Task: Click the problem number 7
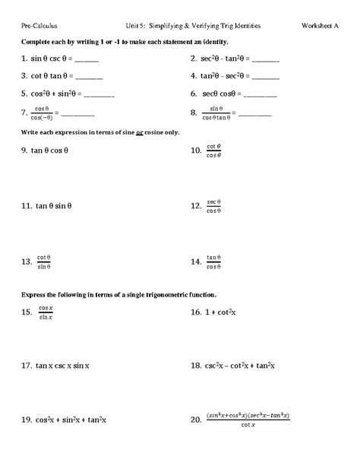point(26,113)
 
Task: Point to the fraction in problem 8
point(220,113)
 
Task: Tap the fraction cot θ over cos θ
point(213,151)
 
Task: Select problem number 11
point(27,206)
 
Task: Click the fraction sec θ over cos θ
point(213,206)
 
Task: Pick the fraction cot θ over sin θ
point(43,262)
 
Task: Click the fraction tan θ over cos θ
point(213,262)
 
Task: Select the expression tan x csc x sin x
point(62,366)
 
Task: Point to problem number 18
point(195,366)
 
